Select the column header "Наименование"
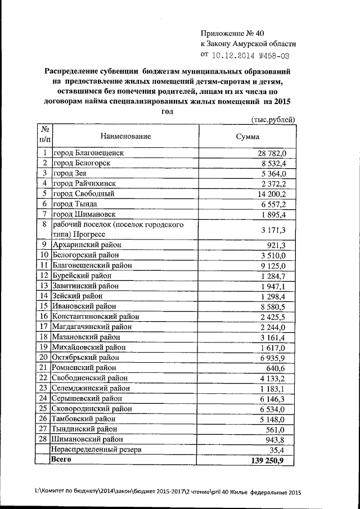[126, 136]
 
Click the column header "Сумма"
[248, 137]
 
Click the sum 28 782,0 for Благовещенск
[272, 153]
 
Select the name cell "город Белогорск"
[81, 163]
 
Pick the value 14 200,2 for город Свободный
[273, 193]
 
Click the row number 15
[43, 307]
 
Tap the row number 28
[43, 439]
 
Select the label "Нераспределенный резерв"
[96, 449]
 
